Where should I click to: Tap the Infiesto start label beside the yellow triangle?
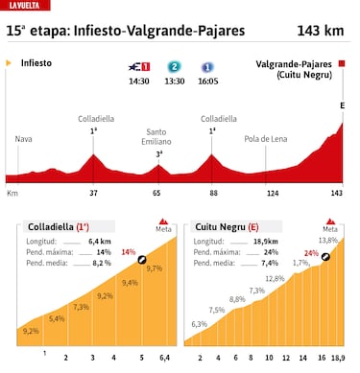[x=35, y=62]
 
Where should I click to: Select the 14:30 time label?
[x=138, y=82]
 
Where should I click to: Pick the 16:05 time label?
[x=207, y=82]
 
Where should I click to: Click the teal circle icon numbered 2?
[x=174, y=67]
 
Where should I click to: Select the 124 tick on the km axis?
[x=273, y=193]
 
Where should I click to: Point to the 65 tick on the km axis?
[x=158, y=193]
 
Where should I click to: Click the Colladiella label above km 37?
[x=95, y=119]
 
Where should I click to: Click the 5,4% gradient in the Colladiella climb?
[x=57, y=318]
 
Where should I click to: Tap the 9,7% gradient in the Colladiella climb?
[x=155, y=268]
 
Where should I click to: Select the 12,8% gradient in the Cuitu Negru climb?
[x=276, y=278]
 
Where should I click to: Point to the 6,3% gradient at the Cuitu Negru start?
[x=199, y=325]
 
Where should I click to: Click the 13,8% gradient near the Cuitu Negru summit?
[x=327, y=240]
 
